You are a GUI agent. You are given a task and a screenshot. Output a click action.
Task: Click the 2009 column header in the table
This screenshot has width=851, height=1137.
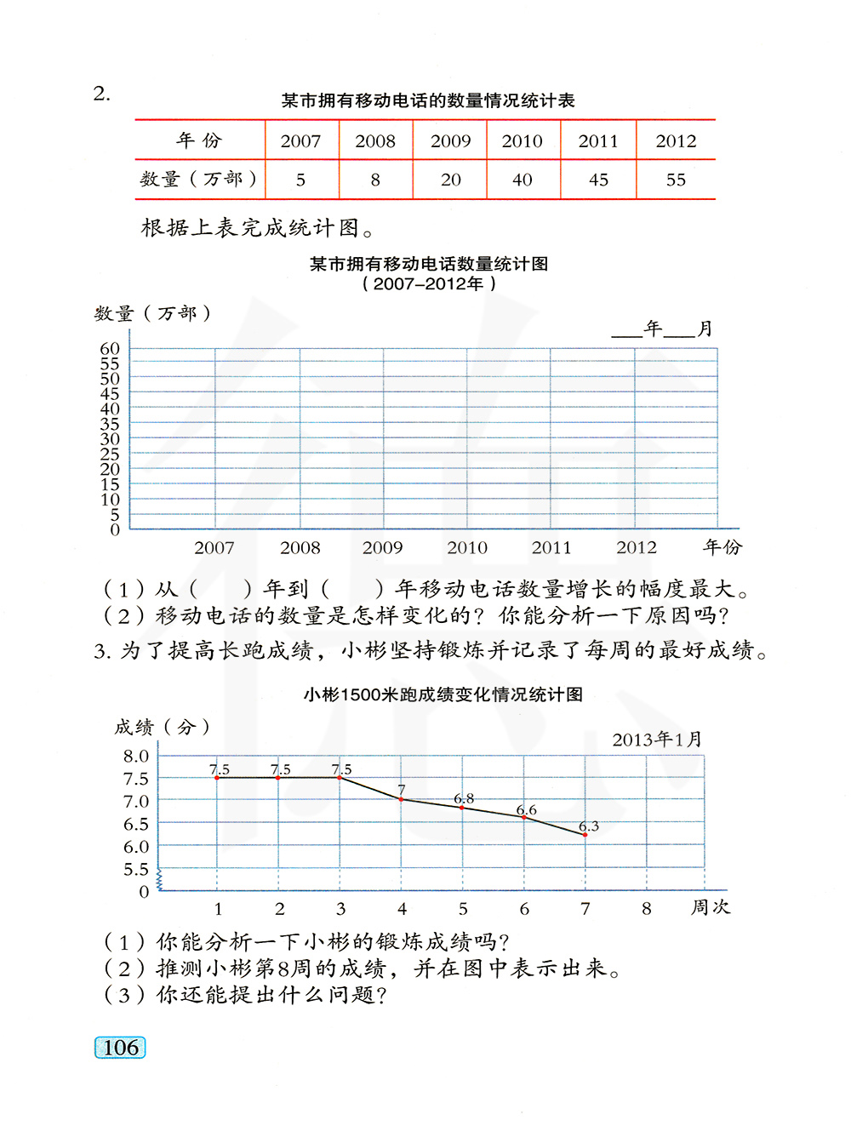[450, 141]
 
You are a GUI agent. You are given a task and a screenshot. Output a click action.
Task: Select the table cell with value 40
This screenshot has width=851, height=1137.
[523, 180]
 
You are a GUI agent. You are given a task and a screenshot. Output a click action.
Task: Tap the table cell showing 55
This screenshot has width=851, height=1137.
[676, 180]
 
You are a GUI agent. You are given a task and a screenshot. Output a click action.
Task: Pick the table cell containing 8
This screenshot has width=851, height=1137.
[375, 180]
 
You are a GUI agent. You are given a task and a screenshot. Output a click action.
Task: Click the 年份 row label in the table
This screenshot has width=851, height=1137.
[199, 140]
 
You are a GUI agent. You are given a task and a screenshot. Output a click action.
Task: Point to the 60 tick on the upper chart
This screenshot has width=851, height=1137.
[110, 348]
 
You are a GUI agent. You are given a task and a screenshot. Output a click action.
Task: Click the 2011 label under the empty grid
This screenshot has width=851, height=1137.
[551, 548]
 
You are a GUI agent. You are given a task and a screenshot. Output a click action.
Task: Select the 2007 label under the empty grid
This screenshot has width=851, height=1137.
[214, 548]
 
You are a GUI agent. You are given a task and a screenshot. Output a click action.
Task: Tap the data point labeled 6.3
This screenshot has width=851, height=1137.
[585, 835]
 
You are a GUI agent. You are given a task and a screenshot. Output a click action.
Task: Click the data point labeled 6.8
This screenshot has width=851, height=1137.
[462, 807]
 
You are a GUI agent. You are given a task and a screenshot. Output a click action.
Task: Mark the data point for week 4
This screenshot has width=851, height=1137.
[401, 799]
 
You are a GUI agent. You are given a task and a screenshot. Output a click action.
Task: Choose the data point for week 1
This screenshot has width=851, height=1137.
[217, 778]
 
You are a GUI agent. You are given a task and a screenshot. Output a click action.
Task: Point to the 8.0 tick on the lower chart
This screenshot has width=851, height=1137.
[135, 756]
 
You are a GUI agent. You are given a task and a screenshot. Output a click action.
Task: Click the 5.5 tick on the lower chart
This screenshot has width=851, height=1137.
[135, 869]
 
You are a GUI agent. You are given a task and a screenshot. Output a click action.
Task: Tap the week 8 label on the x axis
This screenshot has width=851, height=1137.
[646, 909]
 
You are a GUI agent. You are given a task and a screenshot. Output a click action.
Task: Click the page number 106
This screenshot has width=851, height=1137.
[120, 1048]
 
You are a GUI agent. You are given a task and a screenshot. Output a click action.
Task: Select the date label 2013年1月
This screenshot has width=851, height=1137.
[657, 740]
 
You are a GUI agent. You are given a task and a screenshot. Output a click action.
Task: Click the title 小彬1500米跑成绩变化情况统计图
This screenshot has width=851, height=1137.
[443, 694]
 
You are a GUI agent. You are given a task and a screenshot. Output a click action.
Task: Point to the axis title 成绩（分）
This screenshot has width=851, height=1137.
[162, 727]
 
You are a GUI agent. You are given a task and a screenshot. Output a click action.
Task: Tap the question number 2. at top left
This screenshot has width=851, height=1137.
[101, 94]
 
